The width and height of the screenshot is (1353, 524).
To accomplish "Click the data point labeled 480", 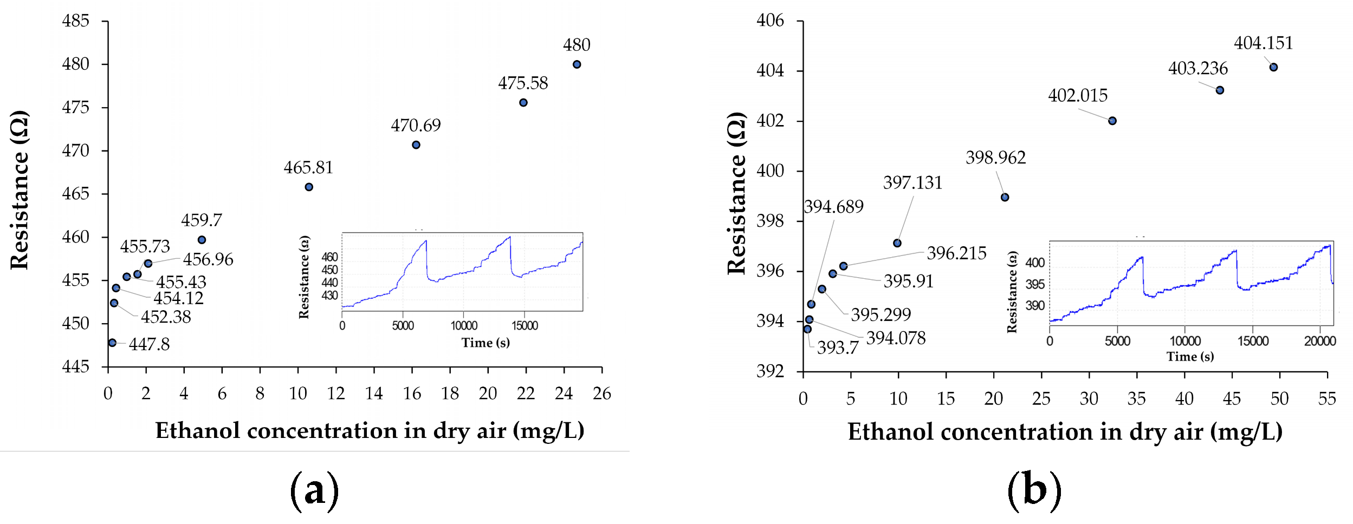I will (x=577, y=64).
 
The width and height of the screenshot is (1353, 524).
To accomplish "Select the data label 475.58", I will (x=523, y=83).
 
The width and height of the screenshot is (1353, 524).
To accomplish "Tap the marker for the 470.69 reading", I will (x=416, y=145).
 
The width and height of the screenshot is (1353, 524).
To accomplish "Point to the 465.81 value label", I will (x=308, y=168).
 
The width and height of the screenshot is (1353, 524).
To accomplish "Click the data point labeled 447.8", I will (x=112, y=343).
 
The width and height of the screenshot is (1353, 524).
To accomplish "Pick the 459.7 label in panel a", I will (x=202, y=220).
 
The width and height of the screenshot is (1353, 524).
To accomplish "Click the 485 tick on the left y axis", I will (x=76, y=21).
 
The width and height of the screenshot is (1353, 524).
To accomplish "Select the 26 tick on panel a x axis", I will (x=601, y=394).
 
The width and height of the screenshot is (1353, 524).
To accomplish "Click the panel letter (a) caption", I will (x=315, y=490).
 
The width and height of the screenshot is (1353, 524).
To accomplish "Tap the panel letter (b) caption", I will (x=1034, y=490).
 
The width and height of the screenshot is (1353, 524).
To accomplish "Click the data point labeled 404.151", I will (x=1273, y=67).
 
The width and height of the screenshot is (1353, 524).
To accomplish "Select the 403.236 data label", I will (x=1197, y=69).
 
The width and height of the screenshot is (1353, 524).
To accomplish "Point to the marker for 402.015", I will (x=1112, y=121).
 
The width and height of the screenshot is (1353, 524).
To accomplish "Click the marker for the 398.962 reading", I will (x=1005, y=197).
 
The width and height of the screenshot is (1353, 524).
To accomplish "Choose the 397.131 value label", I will (x=912, y=183).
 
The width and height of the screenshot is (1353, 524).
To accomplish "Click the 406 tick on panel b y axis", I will (x=770, y=21).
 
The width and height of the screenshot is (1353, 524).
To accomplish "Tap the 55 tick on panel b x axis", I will (x=1327, y=399).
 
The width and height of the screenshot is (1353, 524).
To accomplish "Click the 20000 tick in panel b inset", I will (x=1319, y=341).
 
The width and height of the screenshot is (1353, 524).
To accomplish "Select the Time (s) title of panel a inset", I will (x=485, y=343).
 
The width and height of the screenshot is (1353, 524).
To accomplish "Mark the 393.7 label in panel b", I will (x=838, y=348).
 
